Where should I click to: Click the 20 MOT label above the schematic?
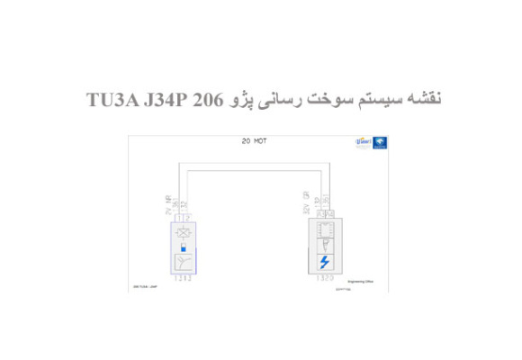click(x=255, y=141)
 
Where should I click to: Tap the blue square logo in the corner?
click(x=382, y=144)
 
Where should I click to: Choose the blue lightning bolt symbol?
click(x=325, y=262)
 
